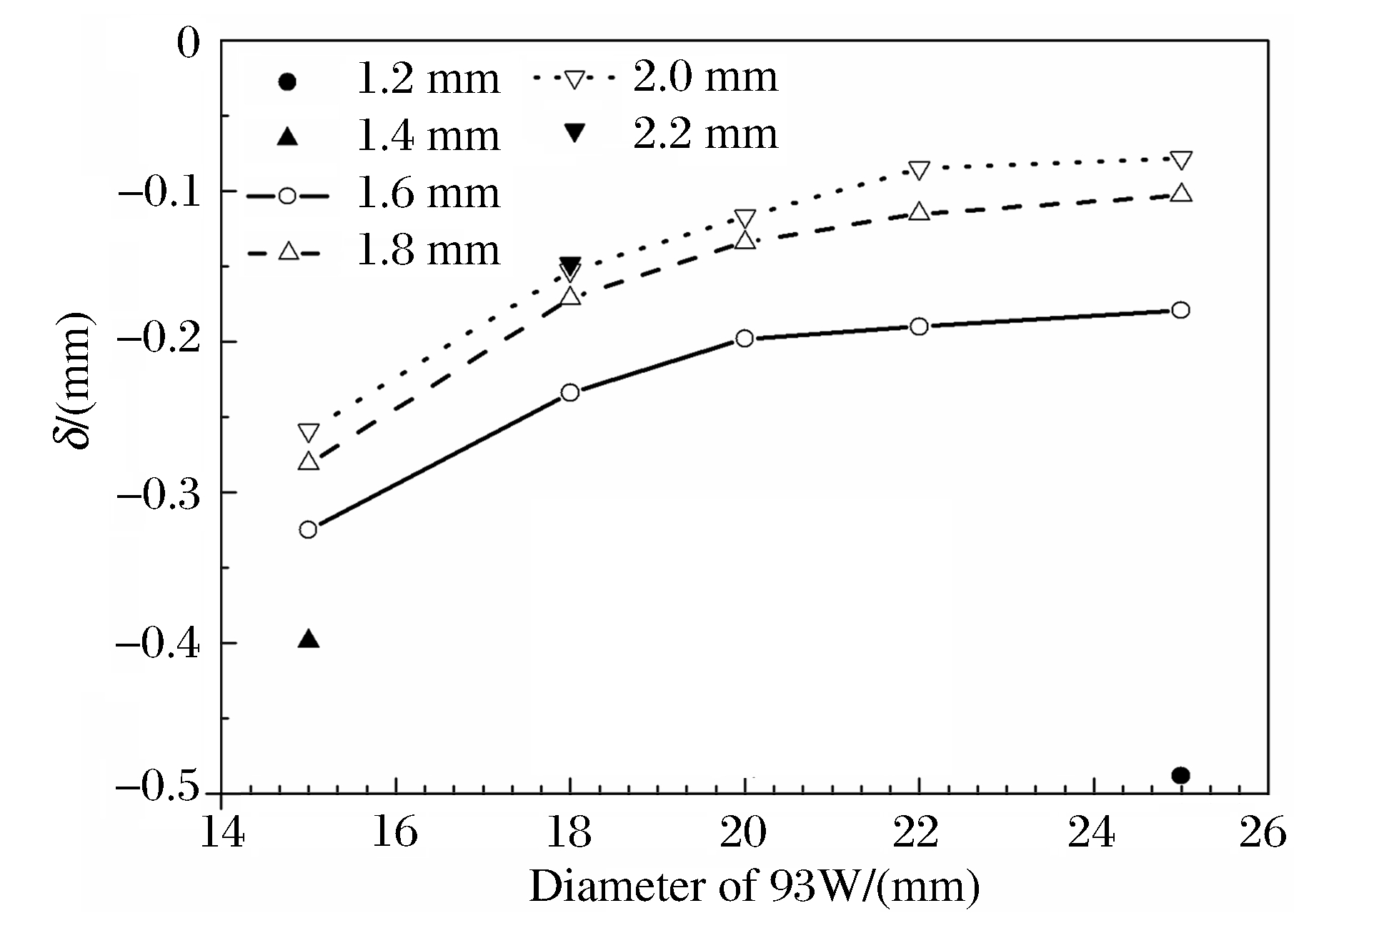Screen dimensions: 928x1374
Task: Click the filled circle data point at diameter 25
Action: [1181, 775]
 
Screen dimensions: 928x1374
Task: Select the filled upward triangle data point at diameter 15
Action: [308, 639]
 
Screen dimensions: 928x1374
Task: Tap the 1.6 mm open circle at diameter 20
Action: [745, 338]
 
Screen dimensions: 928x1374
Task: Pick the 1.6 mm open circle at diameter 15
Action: [308, 529]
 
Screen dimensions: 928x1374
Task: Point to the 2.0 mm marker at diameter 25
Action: [1181, 159]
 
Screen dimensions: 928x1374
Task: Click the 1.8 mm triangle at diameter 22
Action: [920, 211]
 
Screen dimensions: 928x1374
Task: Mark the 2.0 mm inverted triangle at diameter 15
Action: [308, 432]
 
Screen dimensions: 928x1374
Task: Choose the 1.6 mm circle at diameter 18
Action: [569, 392]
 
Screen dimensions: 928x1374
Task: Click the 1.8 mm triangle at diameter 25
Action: [1181, 193]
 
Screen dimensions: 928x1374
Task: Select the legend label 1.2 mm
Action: [427, 79]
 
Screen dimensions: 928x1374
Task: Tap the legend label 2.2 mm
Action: [705, 134]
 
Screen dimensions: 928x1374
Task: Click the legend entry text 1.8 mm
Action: [427, 251]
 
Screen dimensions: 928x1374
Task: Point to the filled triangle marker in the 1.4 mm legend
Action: [287, 136]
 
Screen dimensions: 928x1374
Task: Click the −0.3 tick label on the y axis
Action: [159, 493]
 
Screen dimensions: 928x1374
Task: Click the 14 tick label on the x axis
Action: [221, 833]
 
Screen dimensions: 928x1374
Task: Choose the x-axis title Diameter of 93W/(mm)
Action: [754, 886]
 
